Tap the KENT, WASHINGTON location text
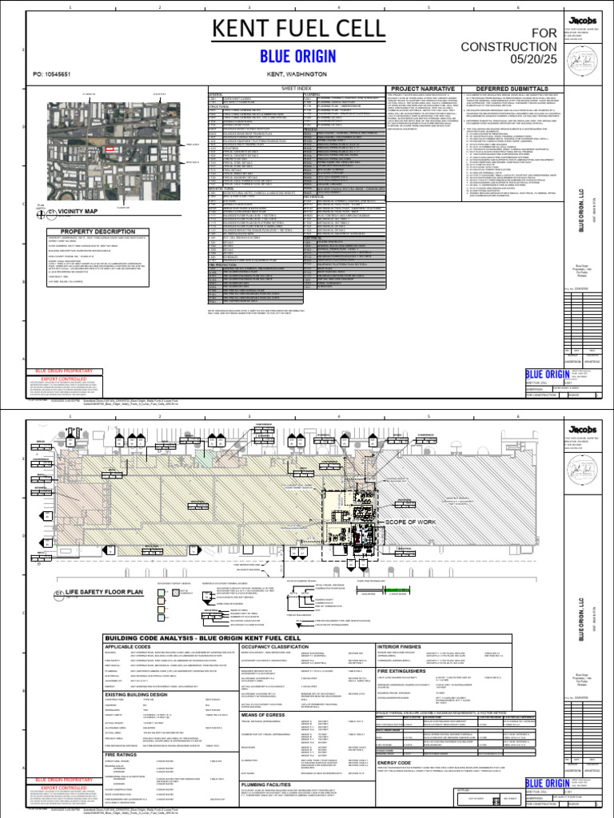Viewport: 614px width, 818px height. click(x=297, y=73)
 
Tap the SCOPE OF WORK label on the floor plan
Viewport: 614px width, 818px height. click(x=410, y=522)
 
